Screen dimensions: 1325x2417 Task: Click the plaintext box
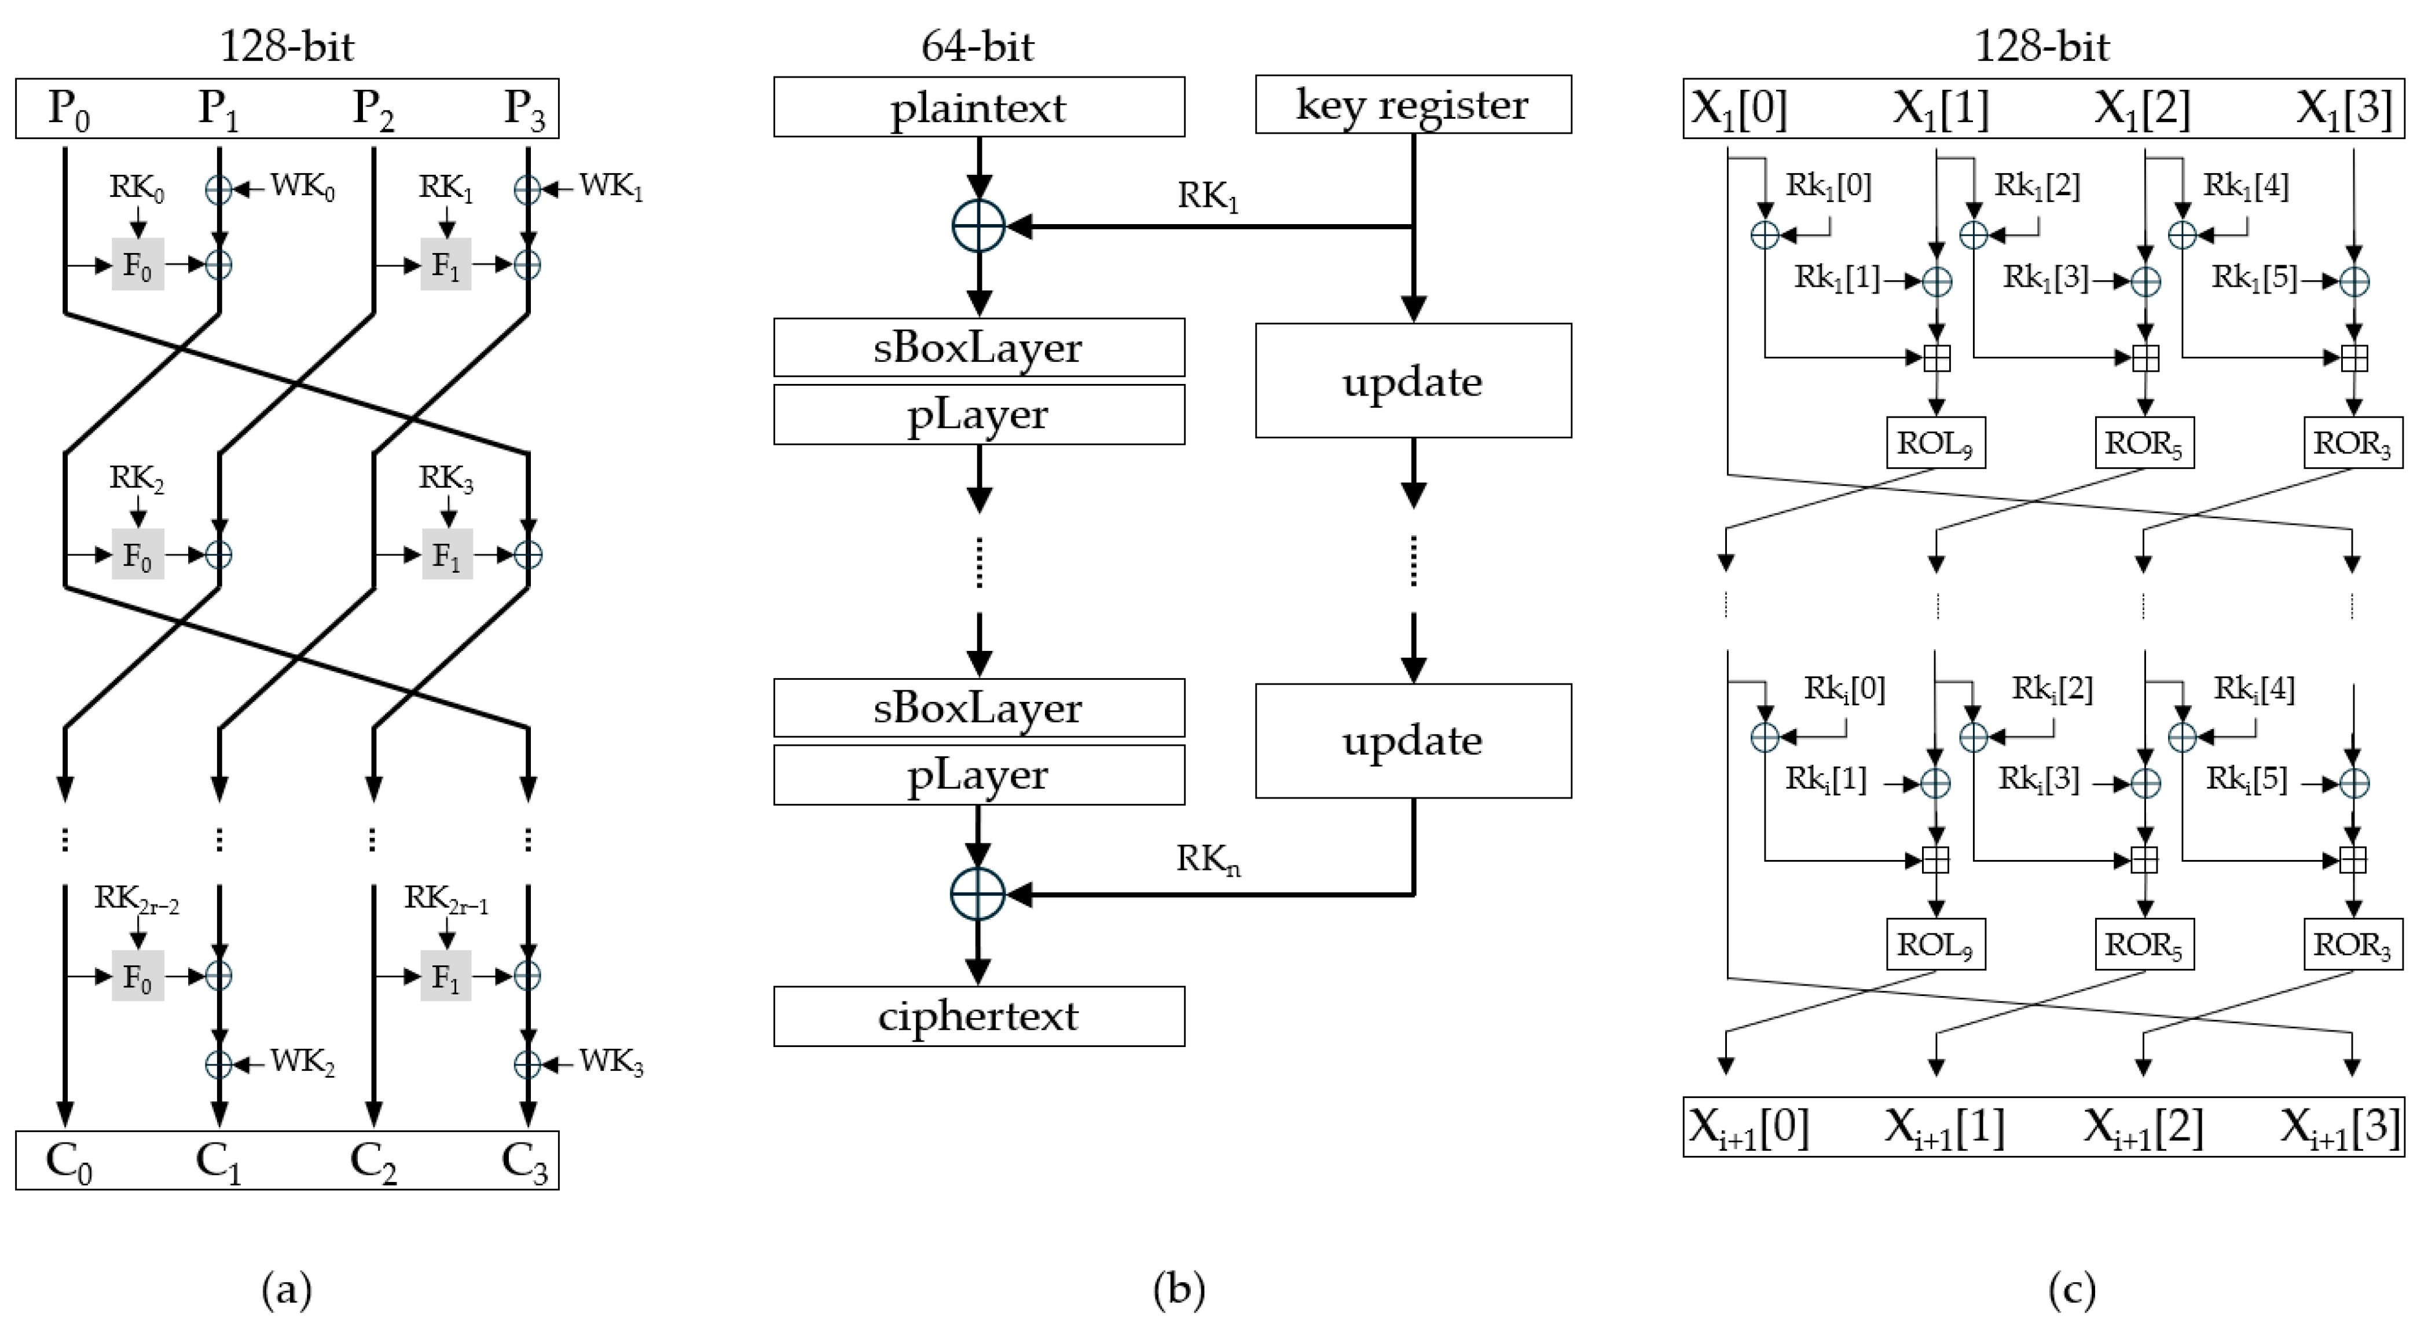(x=978, y=107)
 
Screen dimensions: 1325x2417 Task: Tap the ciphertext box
(x=978, y=1016)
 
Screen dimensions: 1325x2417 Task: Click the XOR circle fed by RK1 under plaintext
(x=978, y=226)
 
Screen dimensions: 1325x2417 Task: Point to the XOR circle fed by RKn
(x=978, y=894)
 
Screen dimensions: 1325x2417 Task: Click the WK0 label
(x=302, y=186)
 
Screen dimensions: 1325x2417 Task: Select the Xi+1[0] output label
(x=1748, y=1127)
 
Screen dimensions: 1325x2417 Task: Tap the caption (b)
(x=1179, y=1289)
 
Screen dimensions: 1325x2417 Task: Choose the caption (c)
(x=2072, y=1289)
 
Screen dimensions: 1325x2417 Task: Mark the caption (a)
(x=286, y=1289)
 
